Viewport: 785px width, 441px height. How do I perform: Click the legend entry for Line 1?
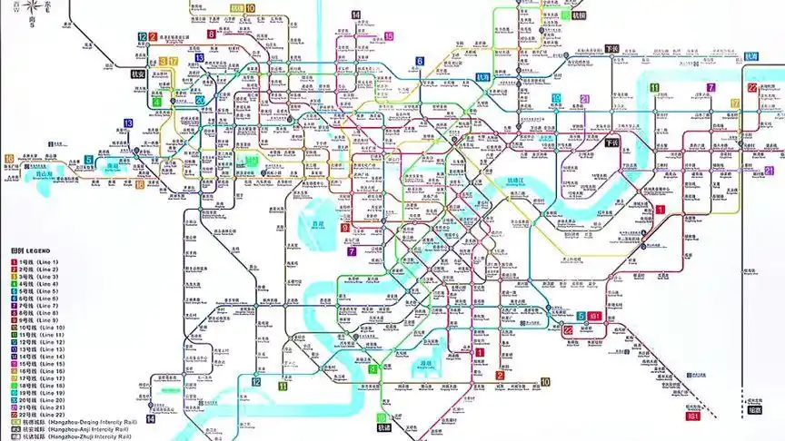[36, 261]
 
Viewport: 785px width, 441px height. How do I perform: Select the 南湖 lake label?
[113, 167]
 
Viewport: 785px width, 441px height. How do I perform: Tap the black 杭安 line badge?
[138, 73]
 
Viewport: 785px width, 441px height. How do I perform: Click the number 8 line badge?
[211, 34]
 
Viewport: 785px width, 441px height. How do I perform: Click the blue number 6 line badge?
[420, 62]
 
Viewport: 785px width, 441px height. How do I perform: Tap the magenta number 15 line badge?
[389, 36]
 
